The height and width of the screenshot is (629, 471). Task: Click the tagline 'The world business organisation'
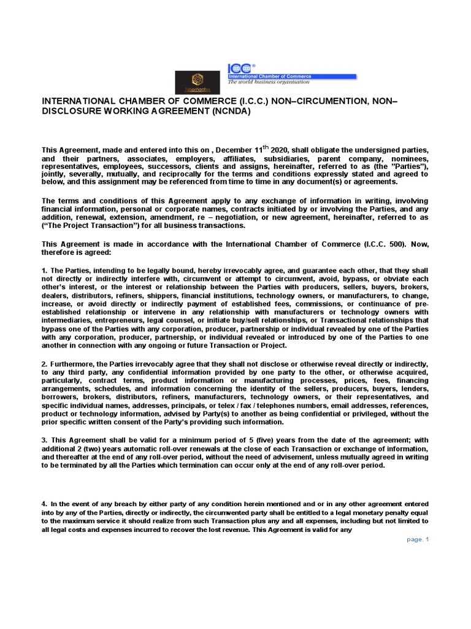click(269, 82)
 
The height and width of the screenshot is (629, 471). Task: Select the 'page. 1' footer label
click(419, 539)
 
